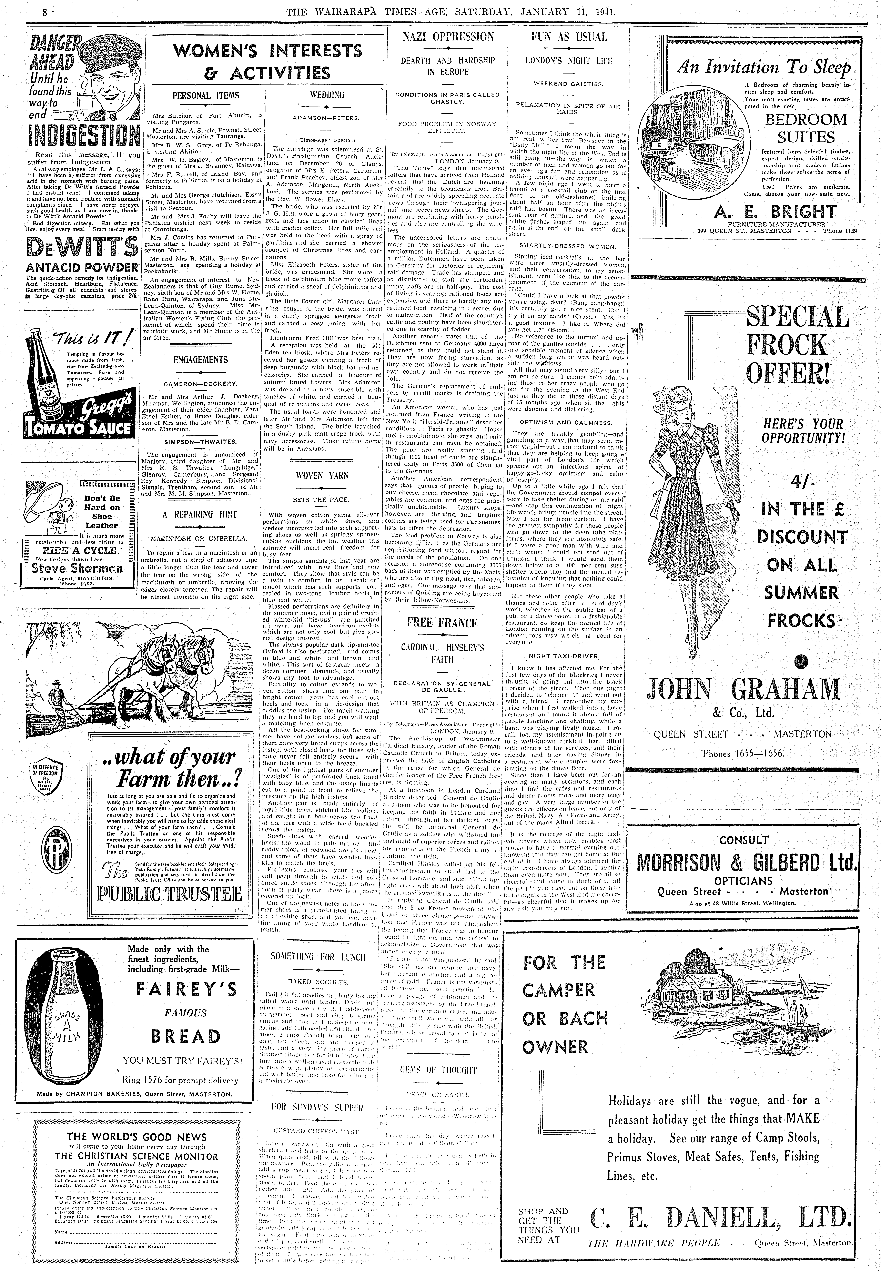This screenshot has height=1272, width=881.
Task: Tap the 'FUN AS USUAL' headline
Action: pyautogui.click(x=569, y=37)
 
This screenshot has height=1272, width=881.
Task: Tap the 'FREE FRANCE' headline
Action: pyautogui.click(x=442, y=623)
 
